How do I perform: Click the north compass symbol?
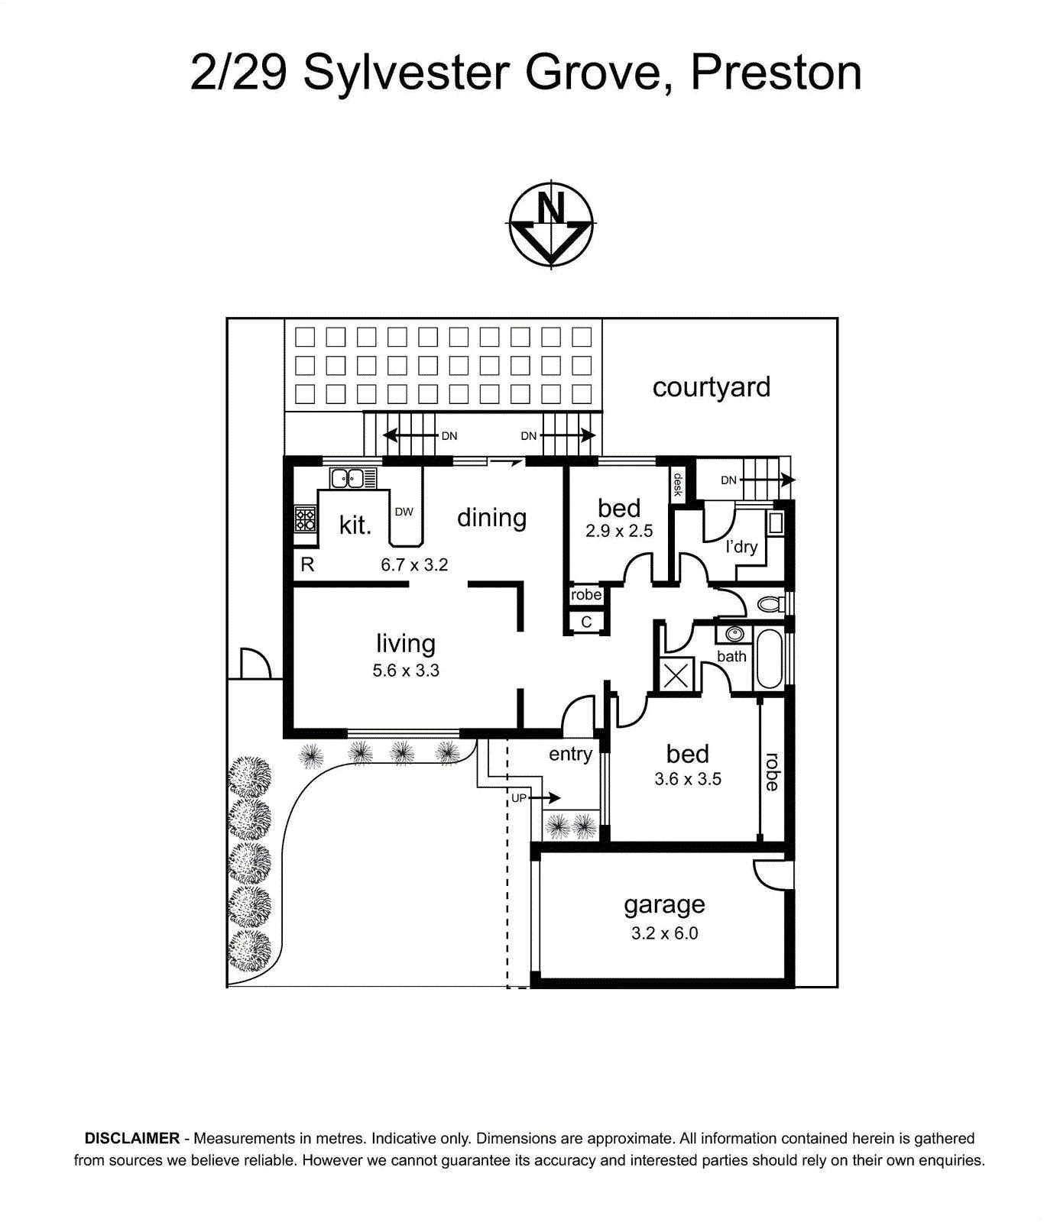551,225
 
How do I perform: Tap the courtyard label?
711,388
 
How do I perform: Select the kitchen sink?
353,479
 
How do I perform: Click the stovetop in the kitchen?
306,520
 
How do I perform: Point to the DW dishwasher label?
404,512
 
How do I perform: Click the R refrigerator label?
307,564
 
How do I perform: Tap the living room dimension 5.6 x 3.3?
406,671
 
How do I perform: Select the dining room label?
491,519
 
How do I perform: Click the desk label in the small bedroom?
678,484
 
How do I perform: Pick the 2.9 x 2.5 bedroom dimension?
619,531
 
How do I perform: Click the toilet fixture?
770,604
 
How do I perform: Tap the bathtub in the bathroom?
769,659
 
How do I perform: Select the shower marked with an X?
676,675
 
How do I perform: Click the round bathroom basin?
734,634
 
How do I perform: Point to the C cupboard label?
586,622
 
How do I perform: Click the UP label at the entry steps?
519,798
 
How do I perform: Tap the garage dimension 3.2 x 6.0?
664,933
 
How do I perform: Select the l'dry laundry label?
741,547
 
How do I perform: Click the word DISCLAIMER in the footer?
132,1138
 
